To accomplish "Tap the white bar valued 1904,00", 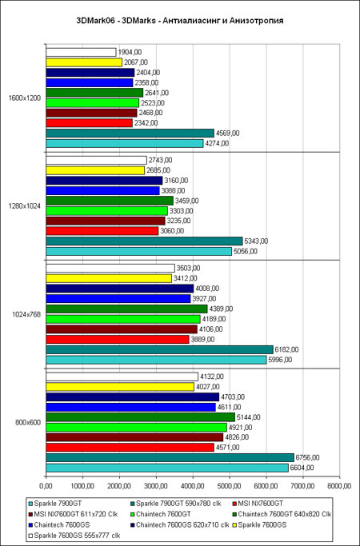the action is [81, 52].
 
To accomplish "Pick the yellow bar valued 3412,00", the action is [109, 278].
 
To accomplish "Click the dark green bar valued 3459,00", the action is [110, 201].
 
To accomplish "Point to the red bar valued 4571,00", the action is [130, 448].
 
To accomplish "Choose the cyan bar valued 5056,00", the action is [138, 251].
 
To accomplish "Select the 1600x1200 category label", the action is [25, 98].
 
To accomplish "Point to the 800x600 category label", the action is [28, 422].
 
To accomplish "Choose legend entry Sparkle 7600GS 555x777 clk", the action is [74, 536].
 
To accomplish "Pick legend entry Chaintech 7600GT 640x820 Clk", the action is [282, 514].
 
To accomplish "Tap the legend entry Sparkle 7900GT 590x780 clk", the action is [176, 503].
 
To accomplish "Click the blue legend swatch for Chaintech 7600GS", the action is [30, 524].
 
